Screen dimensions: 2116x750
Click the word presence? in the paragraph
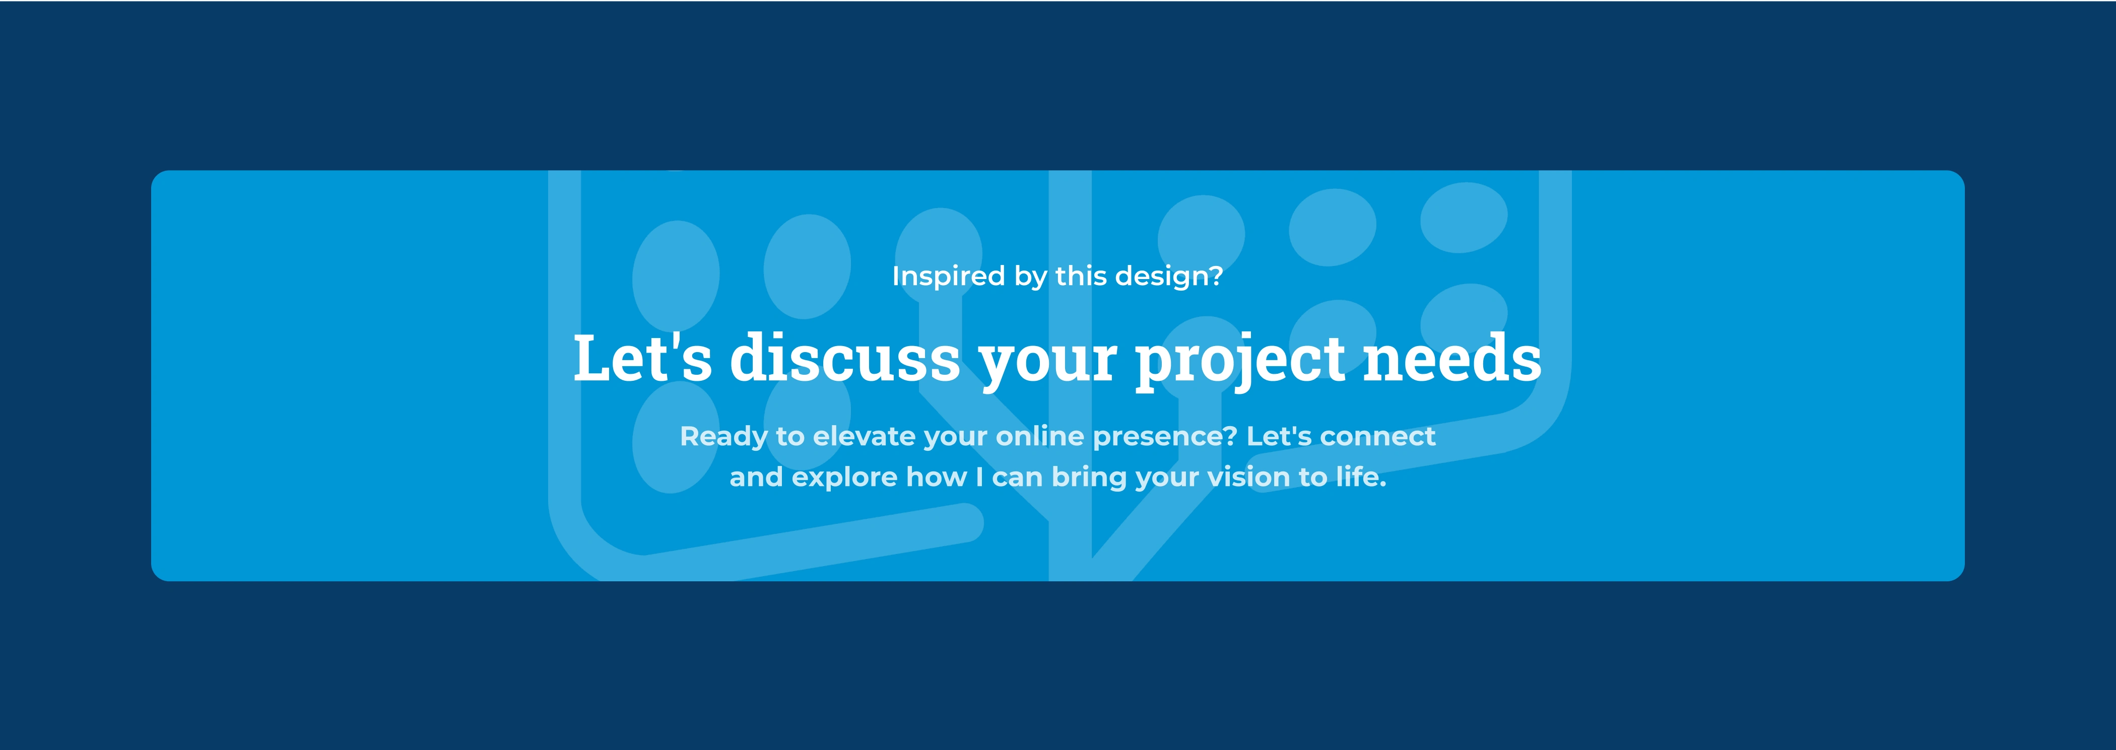1165,437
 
